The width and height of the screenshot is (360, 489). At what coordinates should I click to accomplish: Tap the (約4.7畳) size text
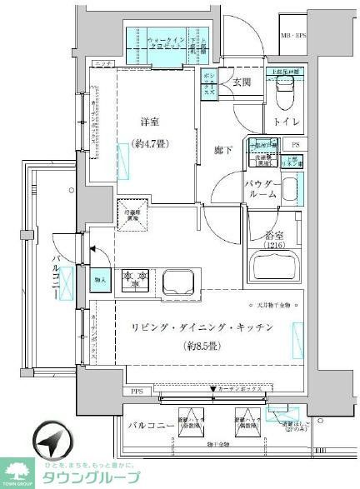[x=151, y=143]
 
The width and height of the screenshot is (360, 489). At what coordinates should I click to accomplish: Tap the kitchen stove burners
[x=137, y=282]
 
